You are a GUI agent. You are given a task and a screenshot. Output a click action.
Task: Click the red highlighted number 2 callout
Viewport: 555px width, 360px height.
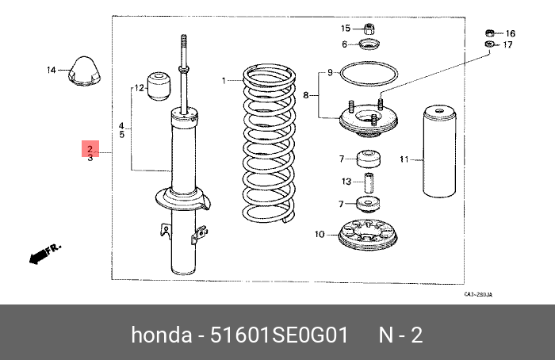click(x=90, y=148)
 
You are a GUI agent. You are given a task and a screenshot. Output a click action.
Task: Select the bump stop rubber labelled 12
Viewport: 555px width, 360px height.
click(x=159, y=85)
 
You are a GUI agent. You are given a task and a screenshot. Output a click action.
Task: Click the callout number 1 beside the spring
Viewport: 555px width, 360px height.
click(x=224, y=80)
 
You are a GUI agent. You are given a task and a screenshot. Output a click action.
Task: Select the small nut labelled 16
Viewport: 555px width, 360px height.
click(x=491, y=33)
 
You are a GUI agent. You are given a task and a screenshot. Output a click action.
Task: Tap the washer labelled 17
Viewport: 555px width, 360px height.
click(x=489, y=45)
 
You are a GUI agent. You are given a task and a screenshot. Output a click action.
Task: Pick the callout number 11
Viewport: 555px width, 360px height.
click(x=404, y=159)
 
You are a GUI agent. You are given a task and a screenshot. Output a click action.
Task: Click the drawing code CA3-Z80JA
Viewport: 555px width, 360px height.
click(x=479, y=295)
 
